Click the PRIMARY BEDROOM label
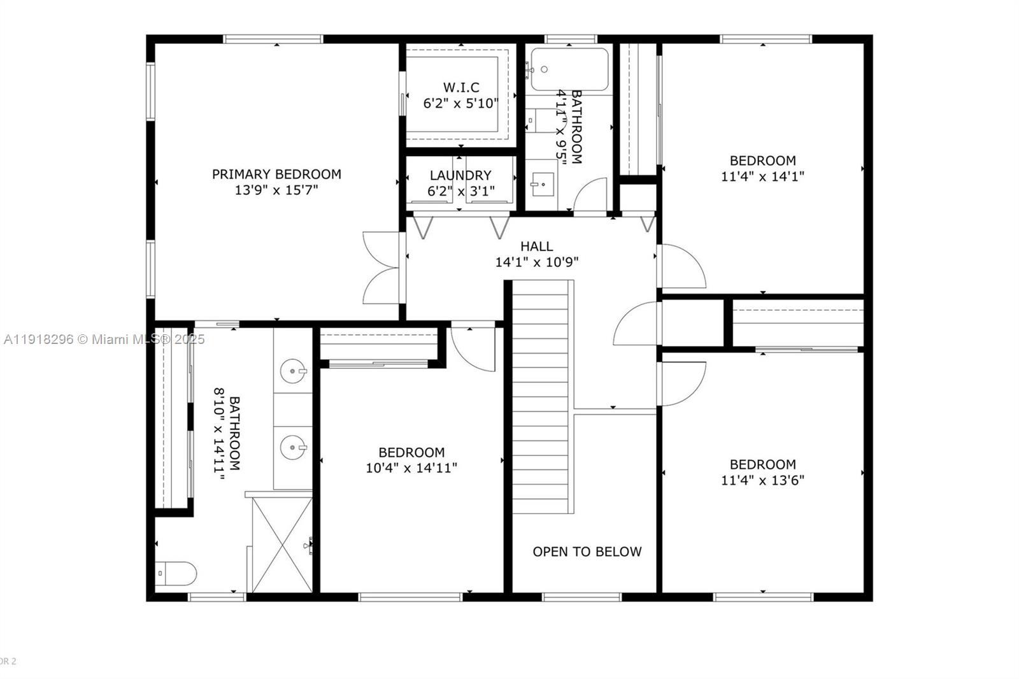[x=276, y=174]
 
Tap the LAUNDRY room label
[x=460, y=175]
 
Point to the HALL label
[x=536, y=246]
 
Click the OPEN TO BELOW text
[x=587, y=552]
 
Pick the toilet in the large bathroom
[x=176, y=573]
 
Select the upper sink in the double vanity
[x=293, y=370]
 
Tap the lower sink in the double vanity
[x=293, y=447]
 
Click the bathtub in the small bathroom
[x=569, y=69]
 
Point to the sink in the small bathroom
[x=542, y=185]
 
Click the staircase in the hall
[x=541, y=395]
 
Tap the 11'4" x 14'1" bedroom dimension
[x=762, y=176]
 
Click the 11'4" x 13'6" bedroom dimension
[x=762, y=480]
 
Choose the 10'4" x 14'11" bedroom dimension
[x=411, y=468]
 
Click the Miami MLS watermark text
[x=104, y=339]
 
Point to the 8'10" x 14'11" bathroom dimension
[x=220, y=433]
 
